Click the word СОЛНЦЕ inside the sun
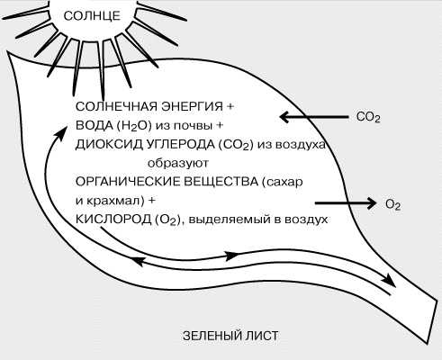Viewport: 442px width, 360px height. [x=92, y=16]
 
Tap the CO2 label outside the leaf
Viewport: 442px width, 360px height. [x=368, y=117]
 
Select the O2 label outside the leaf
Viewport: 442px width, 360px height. [x=392, y=205]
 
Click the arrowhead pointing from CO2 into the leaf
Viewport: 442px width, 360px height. [x=284, y=117]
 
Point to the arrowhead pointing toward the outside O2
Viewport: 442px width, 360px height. [x=371, y=203]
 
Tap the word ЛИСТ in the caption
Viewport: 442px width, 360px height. [x=262, y=336]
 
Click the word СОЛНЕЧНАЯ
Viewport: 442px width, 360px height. [x=116, y=106]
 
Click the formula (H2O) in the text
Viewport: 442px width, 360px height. [x=134, y=126]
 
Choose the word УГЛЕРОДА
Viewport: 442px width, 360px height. [x=180, y=144]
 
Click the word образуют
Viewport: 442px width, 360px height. [x=178, y=164]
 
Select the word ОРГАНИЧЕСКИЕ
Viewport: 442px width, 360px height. [x=128, y=182]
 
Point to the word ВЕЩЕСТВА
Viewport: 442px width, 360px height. [x=221, y=182]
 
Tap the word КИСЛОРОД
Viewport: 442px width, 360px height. [x=113, y=220]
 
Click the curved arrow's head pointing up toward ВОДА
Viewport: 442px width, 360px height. [x=61, y=133]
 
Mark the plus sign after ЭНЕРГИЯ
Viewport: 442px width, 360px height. [x=230, y=106]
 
